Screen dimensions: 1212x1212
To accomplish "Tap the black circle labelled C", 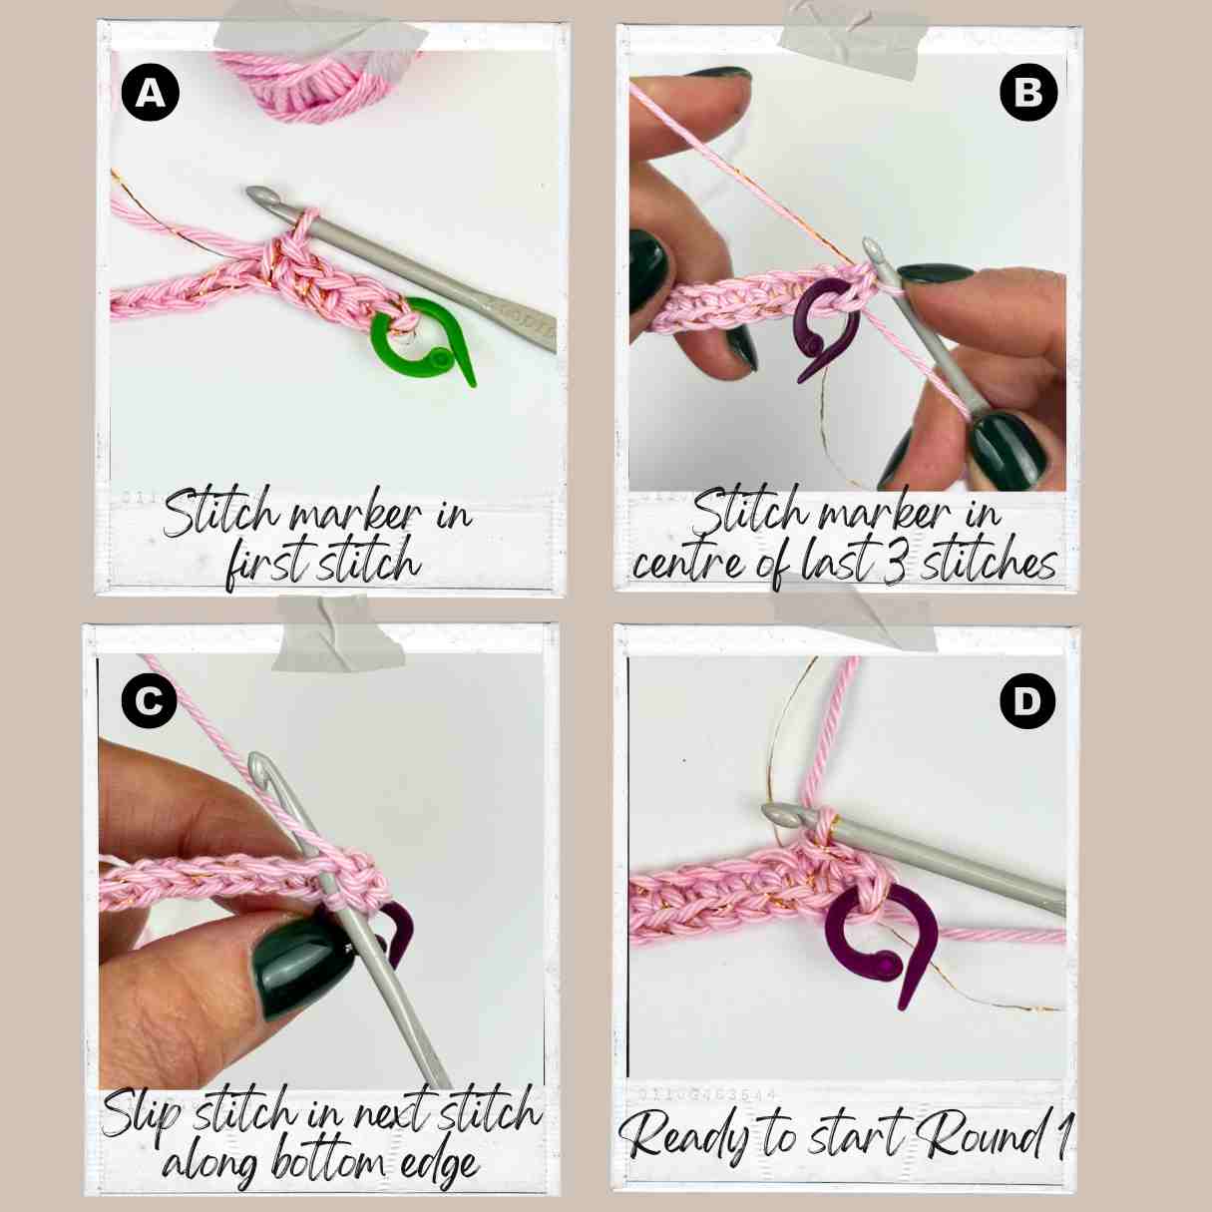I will [x=149, y=700].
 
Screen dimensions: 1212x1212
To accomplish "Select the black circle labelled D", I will [x=1026, y=702].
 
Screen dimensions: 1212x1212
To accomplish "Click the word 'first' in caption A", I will [x=269, y=565].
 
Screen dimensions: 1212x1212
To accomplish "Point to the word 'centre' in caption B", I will [x=689, y=565].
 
